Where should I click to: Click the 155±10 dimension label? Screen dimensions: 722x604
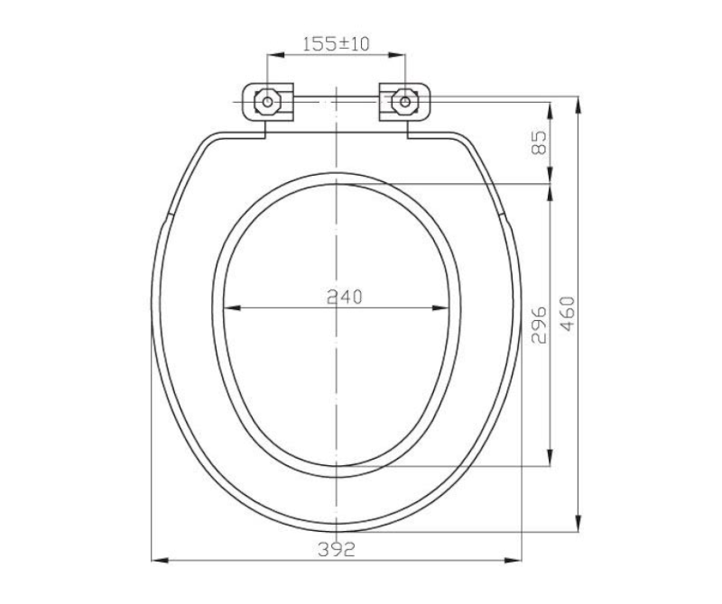tap(336, 43)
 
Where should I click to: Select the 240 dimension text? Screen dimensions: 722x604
tap(345, 297)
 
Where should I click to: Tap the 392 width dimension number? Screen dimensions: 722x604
tap(337, 549)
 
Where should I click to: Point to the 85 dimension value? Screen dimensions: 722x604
tap(538, 142)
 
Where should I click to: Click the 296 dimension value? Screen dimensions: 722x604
tap(538, 325)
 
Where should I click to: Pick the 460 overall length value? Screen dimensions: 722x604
tap(569, 314)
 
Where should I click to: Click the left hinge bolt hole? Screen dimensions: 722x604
tap(267, 102)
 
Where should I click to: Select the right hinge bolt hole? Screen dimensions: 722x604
tap(404, 102)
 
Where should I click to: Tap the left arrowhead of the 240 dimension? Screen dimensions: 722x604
tap(232, 307)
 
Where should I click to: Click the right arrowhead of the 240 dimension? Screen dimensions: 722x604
tap(440, 307)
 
